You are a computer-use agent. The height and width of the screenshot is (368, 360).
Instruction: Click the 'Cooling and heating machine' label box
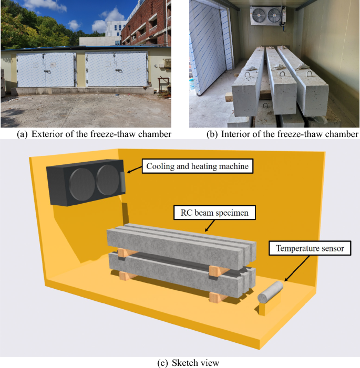[x=198, y=166]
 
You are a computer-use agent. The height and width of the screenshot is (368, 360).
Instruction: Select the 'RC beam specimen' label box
[x=214, y=213]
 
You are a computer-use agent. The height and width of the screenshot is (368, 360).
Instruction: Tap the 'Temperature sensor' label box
[x=310, y=248]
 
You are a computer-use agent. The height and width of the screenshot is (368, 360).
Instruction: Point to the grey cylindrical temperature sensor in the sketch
[x=270, y=292]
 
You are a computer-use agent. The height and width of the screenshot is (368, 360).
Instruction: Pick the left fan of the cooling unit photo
[x=259, y=16]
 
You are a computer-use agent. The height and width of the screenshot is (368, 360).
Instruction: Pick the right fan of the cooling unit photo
[x=274, y=16]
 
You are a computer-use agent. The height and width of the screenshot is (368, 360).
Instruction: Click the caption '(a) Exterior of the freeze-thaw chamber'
[x=94, y=134]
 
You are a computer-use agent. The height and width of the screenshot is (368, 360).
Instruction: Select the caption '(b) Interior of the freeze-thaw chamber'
[x=282, y=134]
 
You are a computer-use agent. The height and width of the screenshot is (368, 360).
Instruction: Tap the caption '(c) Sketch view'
[x=188, y=363]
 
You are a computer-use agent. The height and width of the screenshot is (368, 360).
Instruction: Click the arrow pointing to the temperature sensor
[x=297, y=268]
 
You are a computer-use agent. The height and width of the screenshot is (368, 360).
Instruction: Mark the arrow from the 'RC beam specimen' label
[x=210, y=226]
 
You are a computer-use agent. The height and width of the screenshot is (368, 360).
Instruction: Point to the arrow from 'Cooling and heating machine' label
[x=135, y=170]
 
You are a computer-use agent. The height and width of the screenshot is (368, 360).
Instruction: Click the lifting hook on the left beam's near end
[x=248, y=75]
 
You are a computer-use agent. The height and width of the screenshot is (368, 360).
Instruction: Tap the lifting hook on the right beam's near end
[x=310, y=73]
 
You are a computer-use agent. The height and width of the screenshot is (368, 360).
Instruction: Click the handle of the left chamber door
[x=47, y=71]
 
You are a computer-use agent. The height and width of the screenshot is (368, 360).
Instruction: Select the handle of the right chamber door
[x=119, y=70]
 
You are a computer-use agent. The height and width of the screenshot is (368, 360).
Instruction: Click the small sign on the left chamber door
[x=54, y=64]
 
